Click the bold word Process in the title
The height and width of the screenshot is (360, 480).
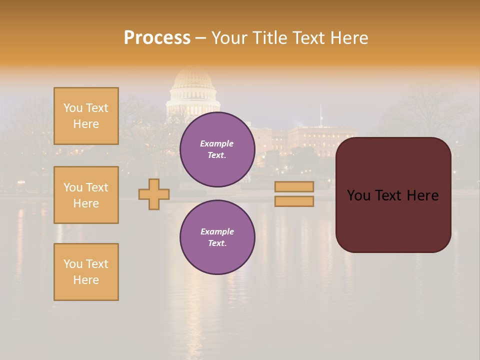pos(157,38)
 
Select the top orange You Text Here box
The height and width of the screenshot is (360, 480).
pos(86,116)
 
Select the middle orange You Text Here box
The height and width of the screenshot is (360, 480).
pos(86,195)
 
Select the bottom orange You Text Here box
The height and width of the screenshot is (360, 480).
pos(86,272)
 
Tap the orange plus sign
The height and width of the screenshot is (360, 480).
pos(154,194)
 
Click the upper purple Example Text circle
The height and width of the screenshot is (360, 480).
pos(217,149)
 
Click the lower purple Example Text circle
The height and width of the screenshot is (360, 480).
pos(217,237)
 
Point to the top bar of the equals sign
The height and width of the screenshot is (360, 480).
pos(294,186)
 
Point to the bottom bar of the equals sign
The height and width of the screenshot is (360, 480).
pos(294,201)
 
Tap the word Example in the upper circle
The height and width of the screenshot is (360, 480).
pos(216,143)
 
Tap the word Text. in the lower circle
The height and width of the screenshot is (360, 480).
pos(217,243)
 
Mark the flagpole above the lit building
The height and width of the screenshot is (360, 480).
pos(321,114)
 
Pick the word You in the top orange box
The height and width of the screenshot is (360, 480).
pos(73,108)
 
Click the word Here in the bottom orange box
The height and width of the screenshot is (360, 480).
pos(86,280)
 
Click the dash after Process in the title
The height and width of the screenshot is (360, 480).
pos(200,38)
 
